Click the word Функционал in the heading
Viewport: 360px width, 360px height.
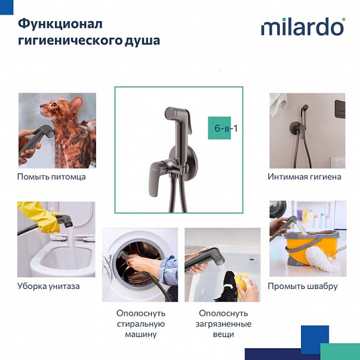60,24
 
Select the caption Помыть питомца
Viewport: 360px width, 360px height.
51,176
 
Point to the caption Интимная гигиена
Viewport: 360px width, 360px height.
304,177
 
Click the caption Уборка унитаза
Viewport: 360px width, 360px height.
48,286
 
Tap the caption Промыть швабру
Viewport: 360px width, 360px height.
302,286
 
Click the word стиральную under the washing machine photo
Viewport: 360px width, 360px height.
140,324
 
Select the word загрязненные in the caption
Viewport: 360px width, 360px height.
222,324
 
